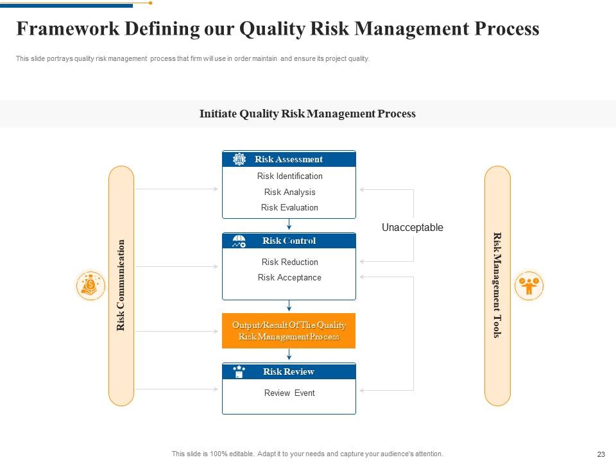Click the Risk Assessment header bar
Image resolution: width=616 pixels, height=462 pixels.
click(x=289, y=159)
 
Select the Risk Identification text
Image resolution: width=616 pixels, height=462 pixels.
click(x=289, y=176)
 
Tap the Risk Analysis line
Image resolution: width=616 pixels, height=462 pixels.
click(x=289, y=192)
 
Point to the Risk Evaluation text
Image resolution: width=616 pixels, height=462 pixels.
click(x=289, y=207)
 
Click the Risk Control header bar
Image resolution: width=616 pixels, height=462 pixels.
click(x=289, y=241)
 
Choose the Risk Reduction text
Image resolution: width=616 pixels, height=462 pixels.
click(x=289, y=262)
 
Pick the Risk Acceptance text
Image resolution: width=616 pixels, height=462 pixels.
click(x=289, y=277)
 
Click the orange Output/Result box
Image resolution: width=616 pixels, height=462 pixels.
click(x=289, y=330)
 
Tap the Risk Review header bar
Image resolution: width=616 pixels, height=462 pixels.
click(x=289, y=372)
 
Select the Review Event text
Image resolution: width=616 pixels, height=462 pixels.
click(x=289, y=393)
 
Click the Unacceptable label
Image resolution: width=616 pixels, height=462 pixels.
click(x=412, y=227)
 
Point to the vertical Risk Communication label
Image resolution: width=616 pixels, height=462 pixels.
click(x=121, y=286)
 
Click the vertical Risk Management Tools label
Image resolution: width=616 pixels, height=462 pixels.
click(x=497, y=286)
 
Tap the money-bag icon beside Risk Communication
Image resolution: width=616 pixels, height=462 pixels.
click(x=90, y=286)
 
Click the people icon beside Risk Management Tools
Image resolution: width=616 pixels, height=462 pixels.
click(x=529, y=286)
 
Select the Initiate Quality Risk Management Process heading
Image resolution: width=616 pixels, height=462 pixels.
click(x=307, y=114)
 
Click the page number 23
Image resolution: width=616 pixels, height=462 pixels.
click(x=601, y=454)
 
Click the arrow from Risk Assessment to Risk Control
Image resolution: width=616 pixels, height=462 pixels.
click(x=289, y=225)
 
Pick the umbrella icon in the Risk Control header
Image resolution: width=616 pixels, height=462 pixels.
click(x=239, y=241)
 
